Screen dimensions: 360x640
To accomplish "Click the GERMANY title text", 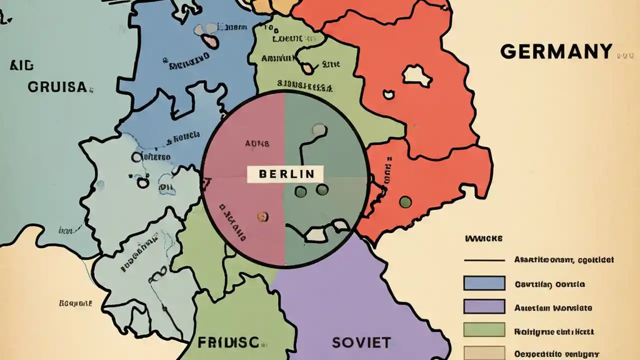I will pos(556,51).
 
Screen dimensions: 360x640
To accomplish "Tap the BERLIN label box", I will pos(285,174).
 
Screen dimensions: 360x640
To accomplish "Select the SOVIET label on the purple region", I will pos(361,342).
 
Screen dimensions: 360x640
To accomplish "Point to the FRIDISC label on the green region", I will pos(228,342).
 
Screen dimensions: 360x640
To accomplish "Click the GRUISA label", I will pos(57,87).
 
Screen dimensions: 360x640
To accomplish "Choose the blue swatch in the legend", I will pos(484,283).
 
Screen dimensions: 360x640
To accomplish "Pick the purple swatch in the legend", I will pos(484,306).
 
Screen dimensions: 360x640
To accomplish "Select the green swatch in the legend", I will pos(484,329).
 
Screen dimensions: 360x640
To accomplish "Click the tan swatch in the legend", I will pos(484,352).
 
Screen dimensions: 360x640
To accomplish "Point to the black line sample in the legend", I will pos(484,260).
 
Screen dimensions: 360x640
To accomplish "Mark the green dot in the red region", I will pos(405,201).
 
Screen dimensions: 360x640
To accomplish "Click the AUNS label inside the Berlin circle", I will pos(257,143).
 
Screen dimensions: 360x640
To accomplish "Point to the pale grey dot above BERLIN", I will pos(318,130).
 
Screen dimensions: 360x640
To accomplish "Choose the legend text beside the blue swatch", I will pos(549,284).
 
